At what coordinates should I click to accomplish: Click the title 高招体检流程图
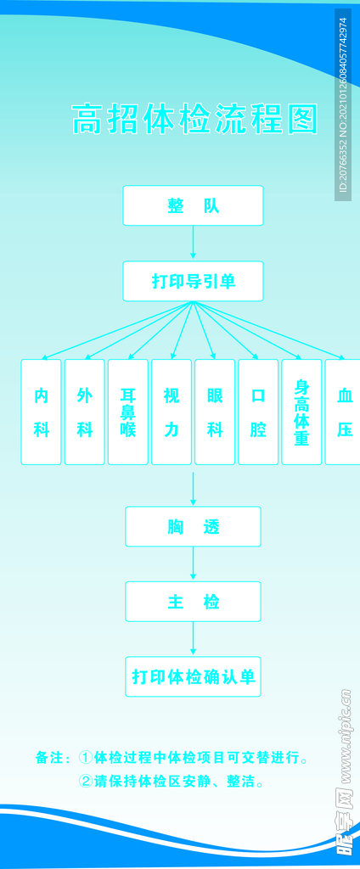coord(194,120)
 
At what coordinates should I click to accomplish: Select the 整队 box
coord(193,205)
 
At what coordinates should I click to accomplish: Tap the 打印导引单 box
coord(193,281)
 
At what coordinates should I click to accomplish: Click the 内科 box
coord(42,412)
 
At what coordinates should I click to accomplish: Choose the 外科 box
coord(85,412)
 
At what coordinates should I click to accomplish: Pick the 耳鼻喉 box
coord(128,412)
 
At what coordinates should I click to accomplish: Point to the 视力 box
coord(172,412)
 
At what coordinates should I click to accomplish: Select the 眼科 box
coord(215,412)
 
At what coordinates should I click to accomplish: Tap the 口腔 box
coord(258,412)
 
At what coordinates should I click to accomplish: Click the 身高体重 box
coord(301,412)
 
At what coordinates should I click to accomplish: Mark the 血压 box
coord(344,412)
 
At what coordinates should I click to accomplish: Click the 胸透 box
coord(193,526)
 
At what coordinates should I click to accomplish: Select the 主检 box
coord(193,602)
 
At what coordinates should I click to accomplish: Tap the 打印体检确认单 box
coord(193,676)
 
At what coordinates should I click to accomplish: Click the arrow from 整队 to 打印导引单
coord(193,243)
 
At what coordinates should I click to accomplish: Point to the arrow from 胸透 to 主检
coord(193,563)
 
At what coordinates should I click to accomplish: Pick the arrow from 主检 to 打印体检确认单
coord(193,639)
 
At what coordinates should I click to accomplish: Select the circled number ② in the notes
coord(85,782)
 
